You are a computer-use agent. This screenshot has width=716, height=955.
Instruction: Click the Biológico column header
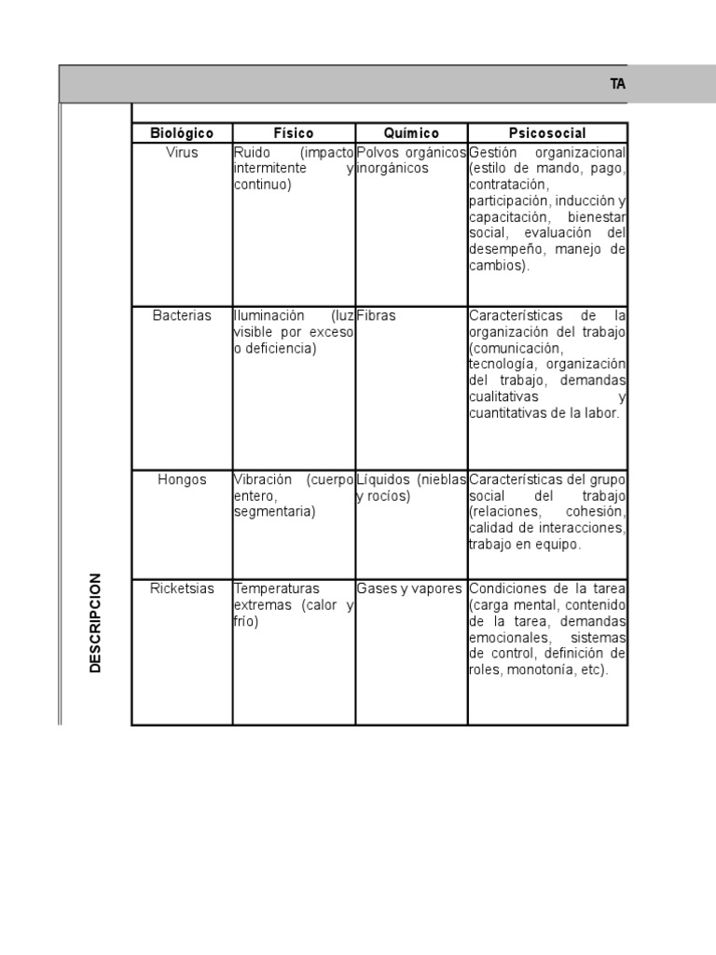point(182,133)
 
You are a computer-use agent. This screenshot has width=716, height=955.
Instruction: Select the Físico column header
point(293,133)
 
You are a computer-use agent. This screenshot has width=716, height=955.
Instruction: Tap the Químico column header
point(411,133)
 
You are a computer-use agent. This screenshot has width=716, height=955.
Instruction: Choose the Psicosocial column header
point(547,133)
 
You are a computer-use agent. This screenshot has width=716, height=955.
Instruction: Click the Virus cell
point(182,152)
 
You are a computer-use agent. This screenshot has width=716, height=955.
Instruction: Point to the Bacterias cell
point(182,316)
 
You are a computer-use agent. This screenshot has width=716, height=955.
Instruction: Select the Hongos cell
point(182,479)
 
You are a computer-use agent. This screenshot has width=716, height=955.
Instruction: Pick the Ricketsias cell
point(182,588)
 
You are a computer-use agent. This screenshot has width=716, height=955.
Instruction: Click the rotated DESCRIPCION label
point(96,622)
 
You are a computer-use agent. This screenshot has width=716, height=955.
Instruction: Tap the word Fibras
point(377,316)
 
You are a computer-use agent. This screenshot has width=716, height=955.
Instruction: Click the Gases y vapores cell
point(409,588)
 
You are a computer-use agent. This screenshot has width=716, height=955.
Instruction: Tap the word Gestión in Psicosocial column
point(490,152)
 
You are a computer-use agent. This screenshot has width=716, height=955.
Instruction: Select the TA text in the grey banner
point(617,84)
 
